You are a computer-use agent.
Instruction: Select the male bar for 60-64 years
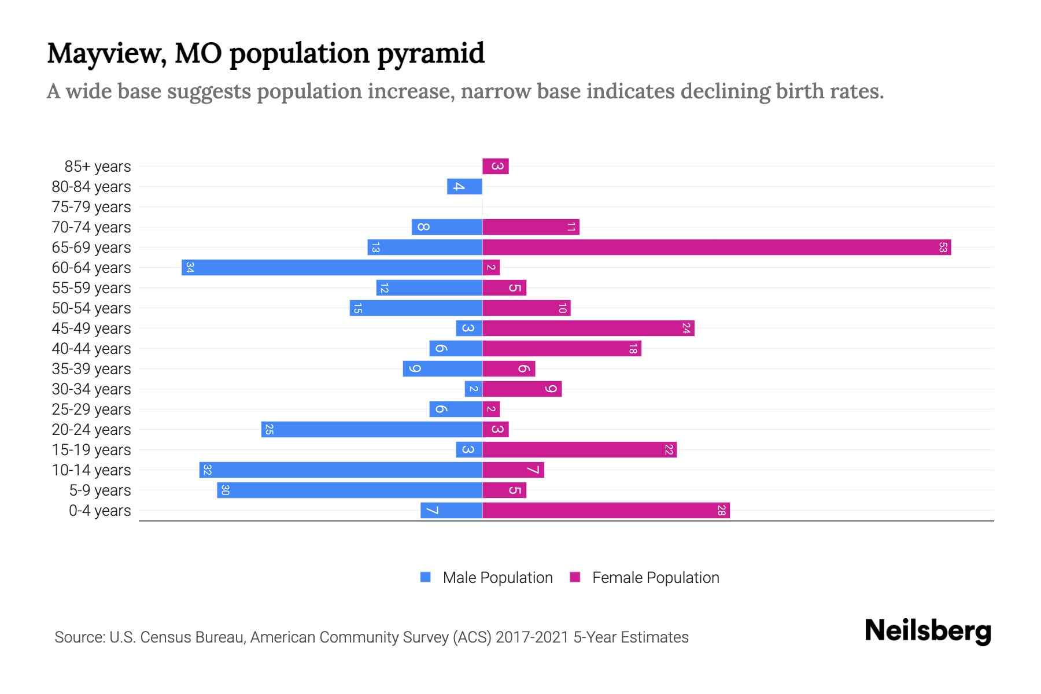(332, 268)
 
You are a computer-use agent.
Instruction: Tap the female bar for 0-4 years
(606, 511)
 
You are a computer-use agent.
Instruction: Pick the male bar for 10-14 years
(341, 470)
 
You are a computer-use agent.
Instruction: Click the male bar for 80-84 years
(464, 187)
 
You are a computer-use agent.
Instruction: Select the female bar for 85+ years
(496, 167)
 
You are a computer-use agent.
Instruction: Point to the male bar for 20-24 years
(371, 430)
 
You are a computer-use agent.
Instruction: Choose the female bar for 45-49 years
(588, 328)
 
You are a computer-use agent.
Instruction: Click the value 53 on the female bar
(943, 248)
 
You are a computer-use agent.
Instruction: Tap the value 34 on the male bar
(190, 268)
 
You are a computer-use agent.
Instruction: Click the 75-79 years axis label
(91, 207)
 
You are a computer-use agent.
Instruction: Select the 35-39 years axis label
(91, 369)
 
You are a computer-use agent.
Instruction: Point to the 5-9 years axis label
(100, 490)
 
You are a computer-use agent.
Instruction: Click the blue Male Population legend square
(426, 577)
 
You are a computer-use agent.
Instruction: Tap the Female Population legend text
(655, 578)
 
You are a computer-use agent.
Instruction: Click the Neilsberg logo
(928, 631)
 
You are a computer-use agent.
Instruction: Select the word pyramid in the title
(431, 54)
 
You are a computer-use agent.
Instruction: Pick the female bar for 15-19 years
(579, 450)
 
